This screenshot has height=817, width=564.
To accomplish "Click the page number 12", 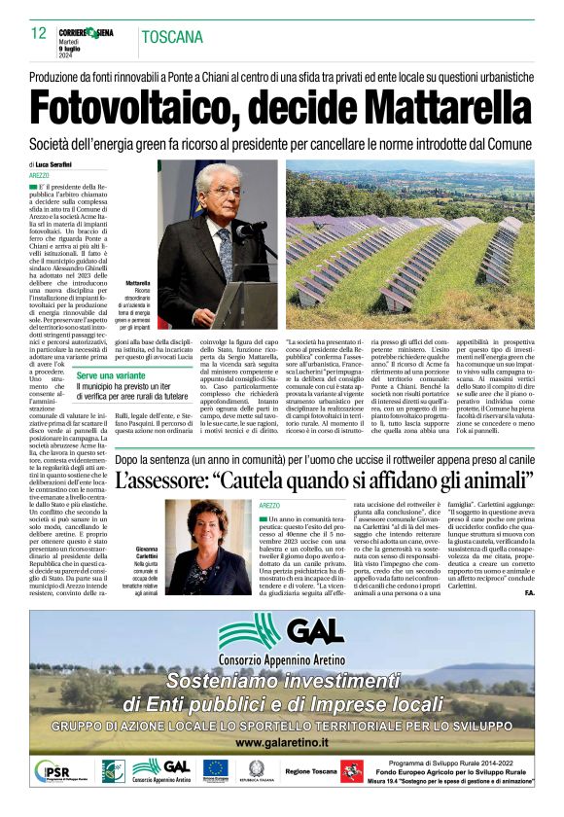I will click(39, 34).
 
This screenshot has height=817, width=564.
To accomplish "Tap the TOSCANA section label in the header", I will click(172, 38).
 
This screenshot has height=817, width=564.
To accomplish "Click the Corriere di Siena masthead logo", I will click(88, 32).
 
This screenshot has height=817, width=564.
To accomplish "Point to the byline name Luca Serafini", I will click(60, 165).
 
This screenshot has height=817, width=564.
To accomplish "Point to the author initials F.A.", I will click(528, 592).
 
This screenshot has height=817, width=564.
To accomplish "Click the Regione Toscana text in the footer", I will click(311, 771).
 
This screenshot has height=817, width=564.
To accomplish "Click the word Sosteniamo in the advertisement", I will click(223, 681).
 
